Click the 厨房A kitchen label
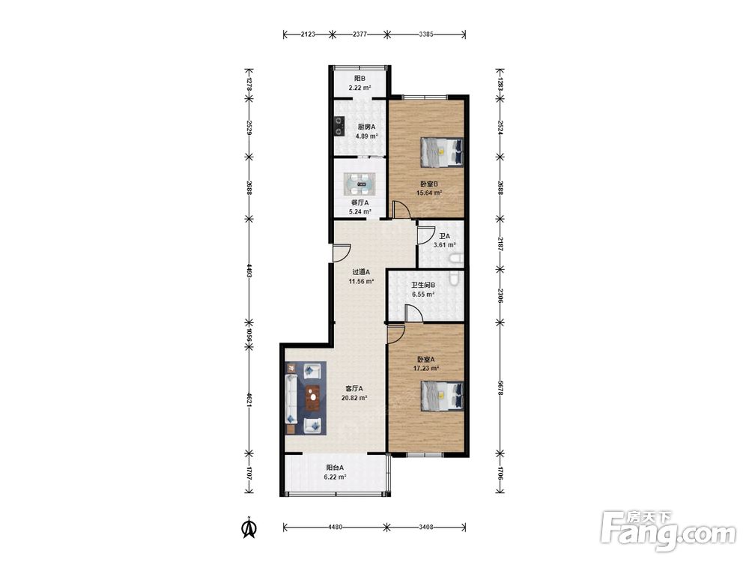[366, 127]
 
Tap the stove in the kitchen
[339, 127]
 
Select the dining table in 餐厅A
[360, 183]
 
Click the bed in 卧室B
[442, 152]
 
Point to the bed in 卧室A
[442, 396]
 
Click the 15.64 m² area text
[429, 193]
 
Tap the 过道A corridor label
[361, 272]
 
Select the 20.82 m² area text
[354, 398]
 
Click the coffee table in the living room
[312, 398]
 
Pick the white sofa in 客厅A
[291, 399]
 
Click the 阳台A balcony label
[335, 468]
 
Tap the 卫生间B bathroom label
[423, 285]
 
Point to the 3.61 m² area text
[443, 245]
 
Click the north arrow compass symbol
[249, 528]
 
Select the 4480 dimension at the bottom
[335, 527]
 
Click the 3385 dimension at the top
[426, 34]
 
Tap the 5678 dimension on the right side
[500, 387]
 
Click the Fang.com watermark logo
[668, 531]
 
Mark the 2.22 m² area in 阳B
[360, 88]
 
